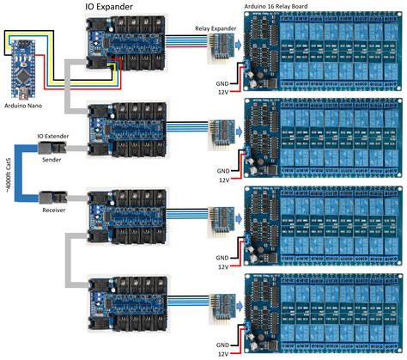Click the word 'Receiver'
click(53, 208)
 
